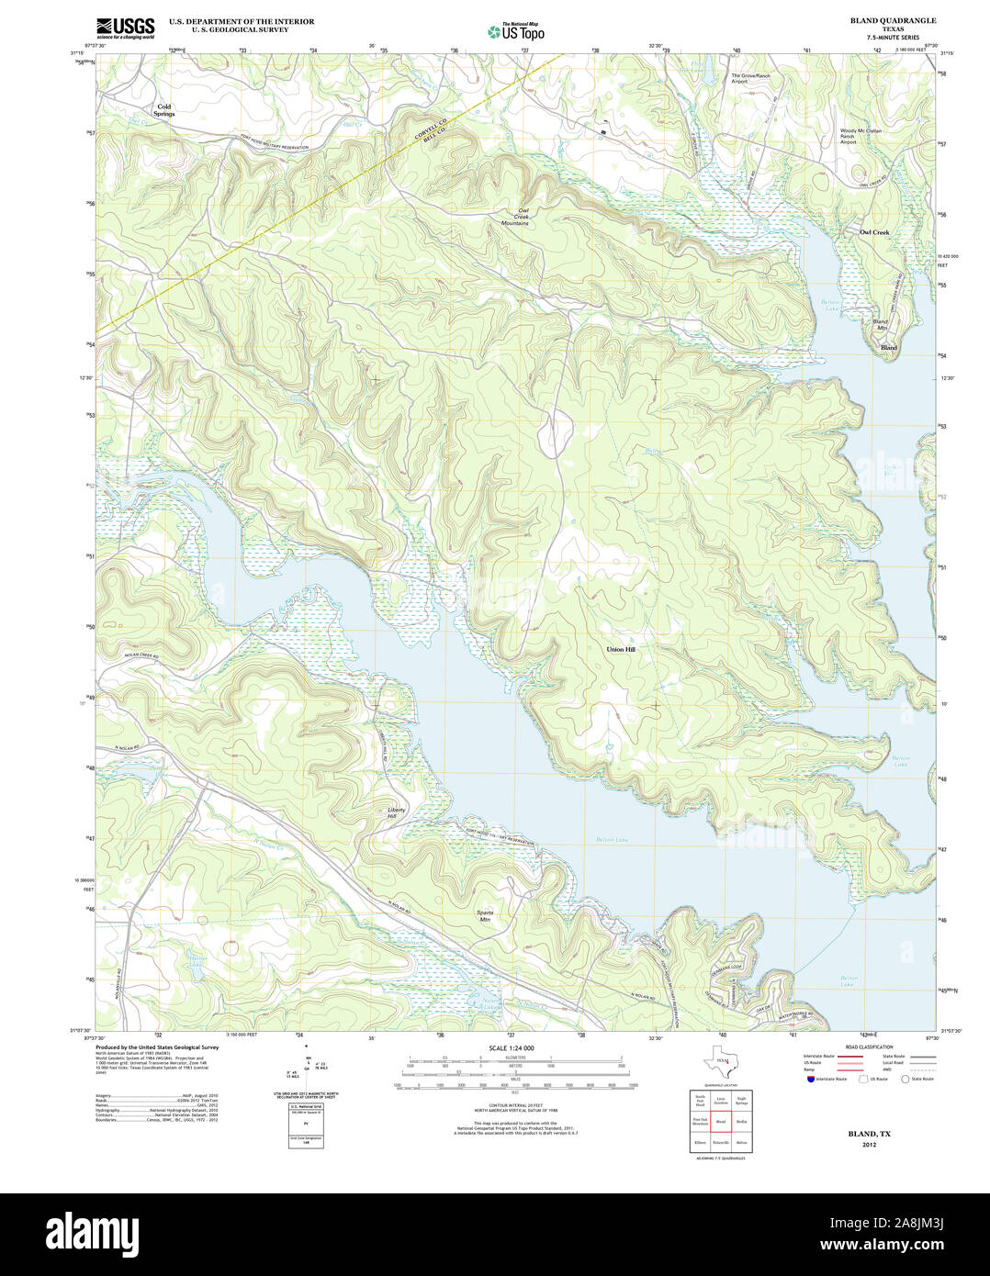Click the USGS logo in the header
(126, 27)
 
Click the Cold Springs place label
(163, 110)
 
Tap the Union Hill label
(620, 649)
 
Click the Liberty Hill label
(396, 812)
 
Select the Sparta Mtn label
(485, 915)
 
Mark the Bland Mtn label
(880, 325)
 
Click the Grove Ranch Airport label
(750, 78)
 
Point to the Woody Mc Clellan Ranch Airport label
(861, 136)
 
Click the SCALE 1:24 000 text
(512, 1048)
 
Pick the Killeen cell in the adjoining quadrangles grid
(700, 1143)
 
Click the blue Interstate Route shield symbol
(810, 1079)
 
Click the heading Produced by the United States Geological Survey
(157, 1047)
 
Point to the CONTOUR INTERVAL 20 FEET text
(514, 1105)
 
